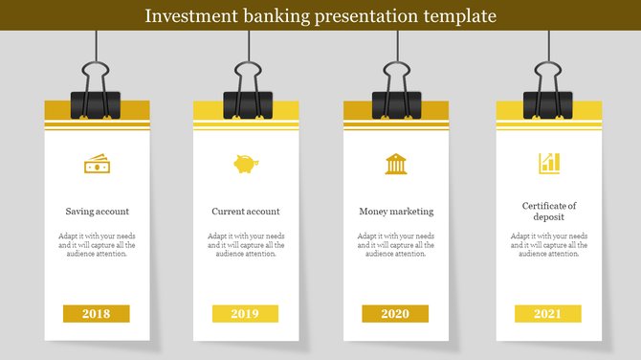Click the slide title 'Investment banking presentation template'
pyautogui.click(x=320, y=16)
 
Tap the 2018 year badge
pyautogui.click(x=96, y=314)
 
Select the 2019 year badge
pyautogui.click(x=245, y=314)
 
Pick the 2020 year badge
pyautogui.click(x=395, y=314)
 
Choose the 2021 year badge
pyautogui.click(x=547, y=314)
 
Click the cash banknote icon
pyautogui.click(x=97, y=165)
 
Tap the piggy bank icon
pyautogui.click(x=246, y=165)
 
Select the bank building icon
pyautogui.click(x=395, y=164)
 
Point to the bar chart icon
pyautogui.click(x=549, y=164)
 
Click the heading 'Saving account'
pyautogui.click(x=98, y=212)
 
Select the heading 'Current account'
pyautogui.click(x=246, y=212)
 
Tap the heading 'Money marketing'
pyautogui.click(x=396, y=212)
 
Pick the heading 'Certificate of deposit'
pyautogui.click(x=549, y=212)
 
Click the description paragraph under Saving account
pyautogui.click(x=98, y=245)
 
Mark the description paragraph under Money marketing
pyautogui.click(x=396, y=245)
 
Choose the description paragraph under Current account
pyautogui.click(x=246, y=245)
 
